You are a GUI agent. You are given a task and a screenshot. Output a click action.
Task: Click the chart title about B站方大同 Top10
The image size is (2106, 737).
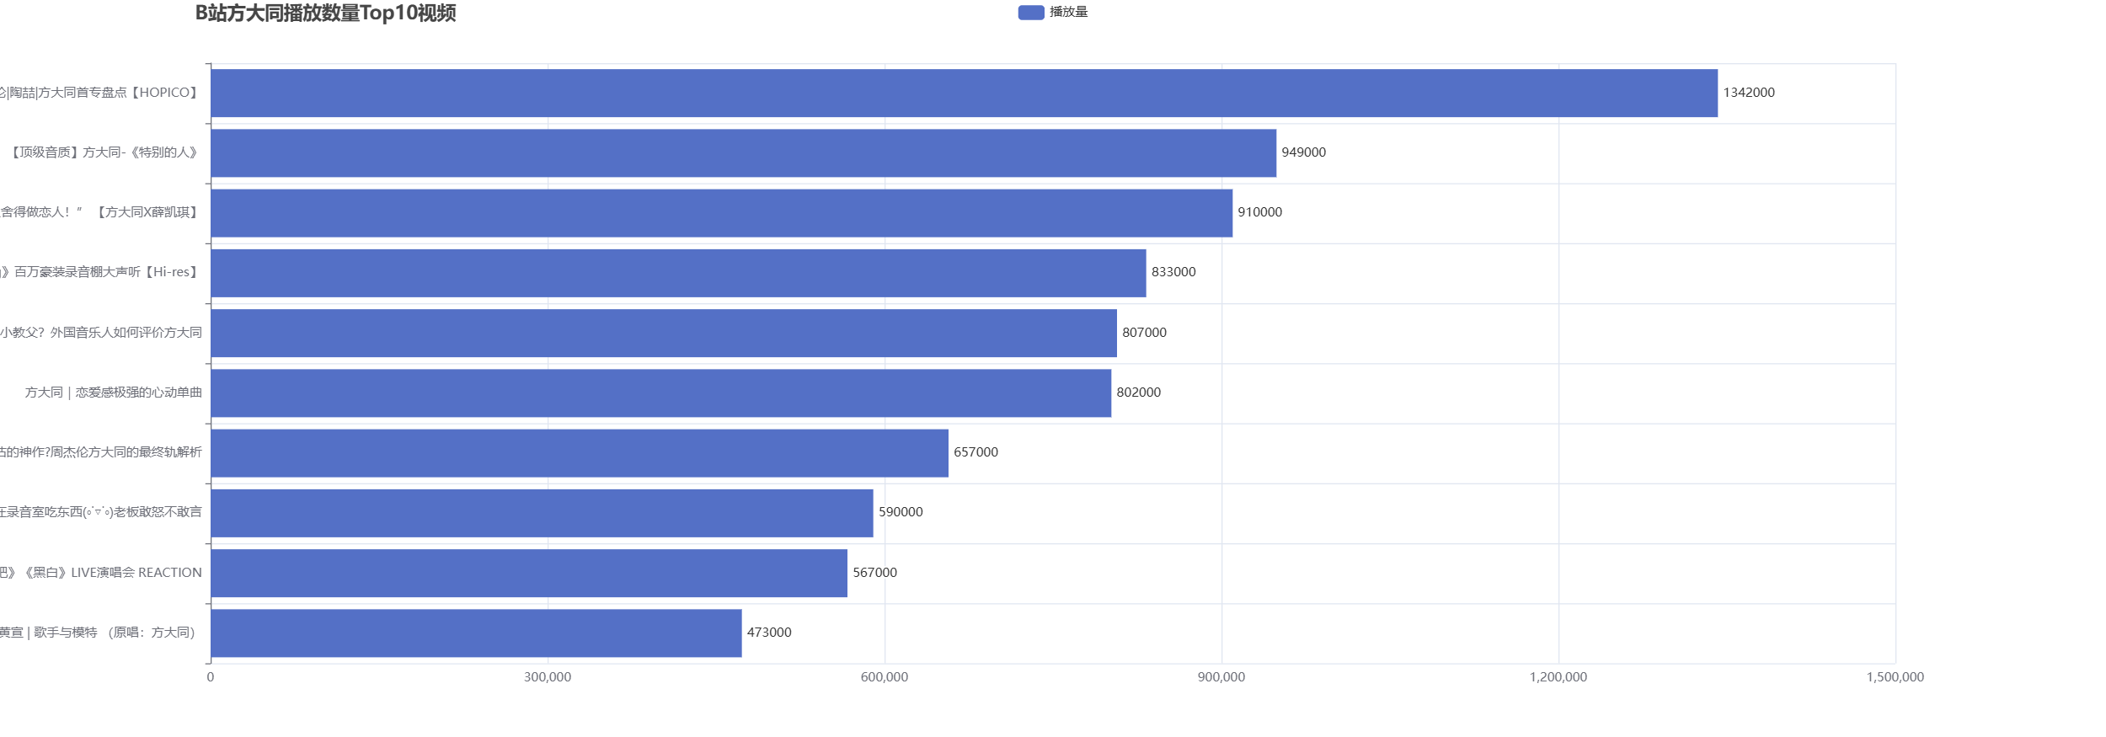[x=325, y=13]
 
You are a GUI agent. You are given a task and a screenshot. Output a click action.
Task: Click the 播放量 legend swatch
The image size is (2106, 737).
[x=1030, y=13]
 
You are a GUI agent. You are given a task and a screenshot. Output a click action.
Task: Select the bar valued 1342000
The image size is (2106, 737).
[x=964, y=93]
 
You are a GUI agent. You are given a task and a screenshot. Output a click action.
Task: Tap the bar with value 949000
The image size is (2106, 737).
[x=743, y=153]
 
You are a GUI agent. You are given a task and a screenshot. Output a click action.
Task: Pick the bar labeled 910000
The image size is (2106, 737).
[x=721, y=213]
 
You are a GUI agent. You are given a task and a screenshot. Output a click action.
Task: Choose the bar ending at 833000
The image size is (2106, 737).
[x=678, y=273]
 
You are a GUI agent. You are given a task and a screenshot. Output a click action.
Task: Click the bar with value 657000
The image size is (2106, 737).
[x=579, y=453]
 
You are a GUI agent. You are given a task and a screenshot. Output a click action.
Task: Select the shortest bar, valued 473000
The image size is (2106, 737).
[x=476, y=633]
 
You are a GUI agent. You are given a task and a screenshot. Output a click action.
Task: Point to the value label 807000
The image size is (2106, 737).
[x=1144, y=333]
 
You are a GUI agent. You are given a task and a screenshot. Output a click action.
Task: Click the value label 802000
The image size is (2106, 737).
[x=1138, y=393]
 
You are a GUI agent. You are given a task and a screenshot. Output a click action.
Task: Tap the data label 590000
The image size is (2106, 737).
[x=901, y=512]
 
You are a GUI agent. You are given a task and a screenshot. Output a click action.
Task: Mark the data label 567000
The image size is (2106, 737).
[x=874, y=573]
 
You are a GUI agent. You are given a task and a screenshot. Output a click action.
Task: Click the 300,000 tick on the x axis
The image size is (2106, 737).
[x=548, y=677]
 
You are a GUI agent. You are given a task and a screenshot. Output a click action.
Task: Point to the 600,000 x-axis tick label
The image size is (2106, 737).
[x=885, y=677]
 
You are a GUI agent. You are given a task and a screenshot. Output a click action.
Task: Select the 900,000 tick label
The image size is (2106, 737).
[x=1221, y=677]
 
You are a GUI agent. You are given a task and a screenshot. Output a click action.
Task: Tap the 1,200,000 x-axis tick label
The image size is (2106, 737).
[x=1558, y=677]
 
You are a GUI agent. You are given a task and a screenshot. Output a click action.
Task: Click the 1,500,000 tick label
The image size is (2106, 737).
[x=1895, y=677]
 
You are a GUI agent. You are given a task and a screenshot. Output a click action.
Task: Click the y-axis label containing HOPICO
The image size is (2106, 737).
[x=99, y=93]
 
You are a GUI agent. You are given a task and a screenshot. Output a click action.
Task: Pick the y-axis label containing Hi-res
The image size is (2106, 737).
[x=99, y=272]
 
